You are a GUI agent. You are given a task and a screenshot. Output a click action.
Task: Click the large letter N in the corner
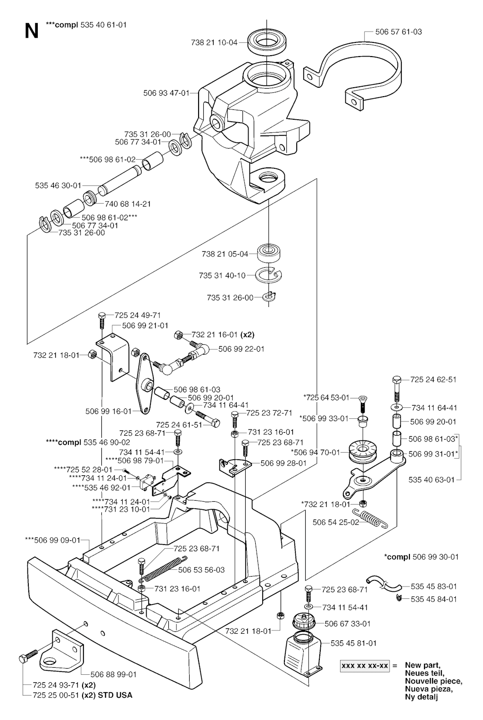point(31,31)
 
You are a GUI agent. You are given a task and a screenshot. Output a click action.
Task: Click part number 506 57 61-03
point(398,32)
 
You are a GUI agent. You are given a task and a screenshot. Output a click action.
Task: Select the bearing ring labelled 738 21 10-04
point(267,42)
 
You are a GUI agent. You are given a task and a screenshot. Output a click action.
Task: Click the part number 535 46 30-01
point(58,185)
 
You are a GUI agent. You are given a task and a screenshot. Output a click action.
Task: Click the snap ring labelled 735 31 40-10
point(269,274)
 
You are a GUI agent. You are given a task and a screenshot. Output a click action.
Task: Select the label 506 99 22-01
point(241,349)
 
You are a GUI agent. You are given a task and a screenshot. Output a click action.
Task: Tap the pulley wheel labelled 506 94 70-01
point(362,452)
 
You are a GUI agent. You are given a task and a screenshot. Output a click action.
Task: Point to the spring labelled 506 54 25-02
point(373,519)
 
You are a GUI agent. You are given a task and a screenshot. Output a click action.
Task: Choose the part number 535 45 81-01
point(353,643)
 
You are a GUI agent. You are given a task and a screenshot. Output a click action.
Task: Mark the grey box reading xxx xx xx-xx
point(365,666)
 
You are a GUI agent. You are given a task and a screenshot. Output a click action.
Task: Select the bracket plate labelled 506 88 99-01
point(59,651)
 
